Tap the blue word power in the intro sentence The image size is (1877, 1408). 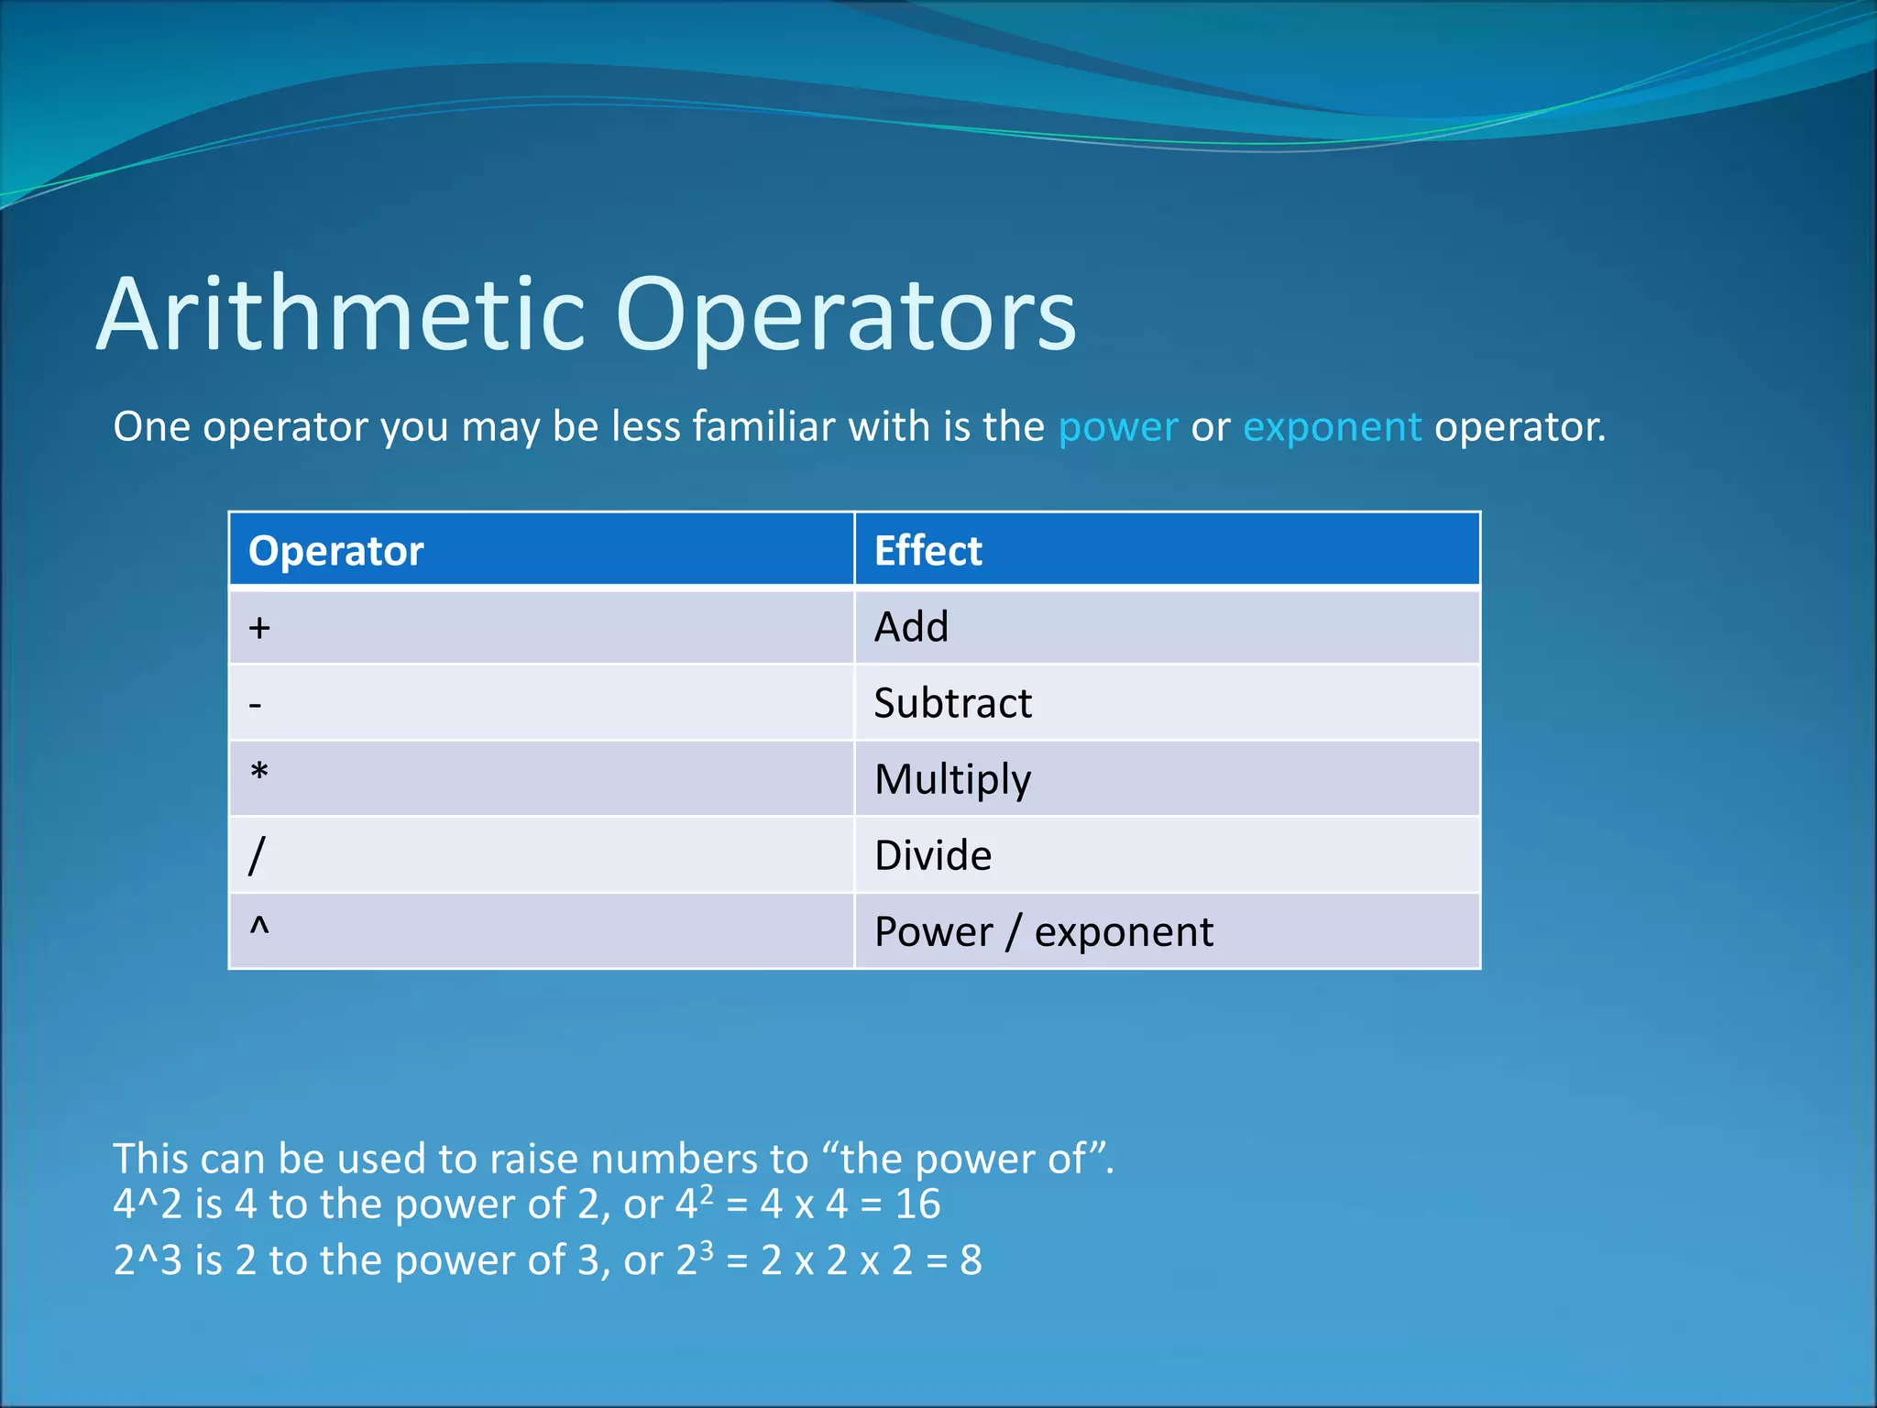click(1117, 427)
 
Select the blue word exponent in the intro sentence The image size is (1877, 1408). click(1332, 427)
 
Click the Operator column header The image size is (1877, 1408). click(335, 551)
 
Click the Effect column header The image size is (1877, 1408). click(928, 551)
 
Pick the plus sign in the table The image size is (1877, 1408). click(259, 628)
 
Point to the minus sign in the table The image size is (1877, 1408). click(256, 705)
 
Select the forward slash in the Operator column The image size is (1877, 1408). click(257, 855)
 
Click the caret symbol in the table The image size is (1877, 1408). click(259, 927)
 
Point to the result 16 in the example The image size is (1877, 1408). click(917, 1204)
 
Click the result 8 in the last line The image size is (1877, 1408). click(971, 1260)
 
